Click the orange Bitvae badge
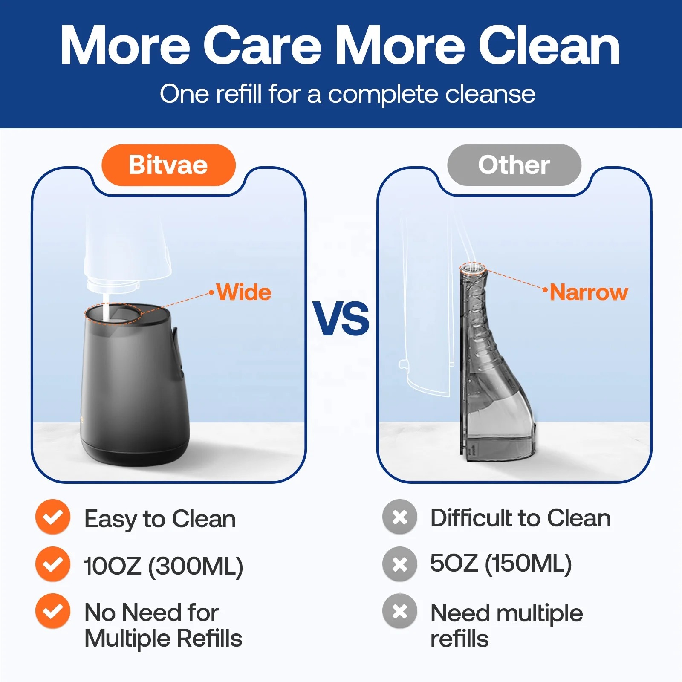tap(168, 165)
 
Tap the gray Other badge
tap(514, 165)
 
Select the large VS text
tap(341, 318)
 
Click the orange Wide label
tap(244, 292)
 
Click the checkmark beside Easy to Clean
tap(53, 517)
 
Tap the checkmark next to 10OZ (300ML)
tap(53, 564)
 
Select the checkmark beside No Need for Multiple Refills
tap(53, 611)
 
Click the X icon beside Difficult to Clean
tap(400, 517)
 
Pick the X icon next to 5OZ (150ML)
tap(400, 564)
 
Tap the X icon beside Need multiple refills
tap(400, 611)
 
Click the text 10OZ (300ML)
tap(163, 566)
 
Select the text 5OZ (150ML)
tap(501, 564)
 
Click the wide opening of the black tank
tap(113, 314)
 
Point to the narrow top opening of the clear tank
tap(473, 268)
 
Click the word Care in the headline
tap(262, 45)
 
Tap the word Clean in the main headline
tap(549, 45)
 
